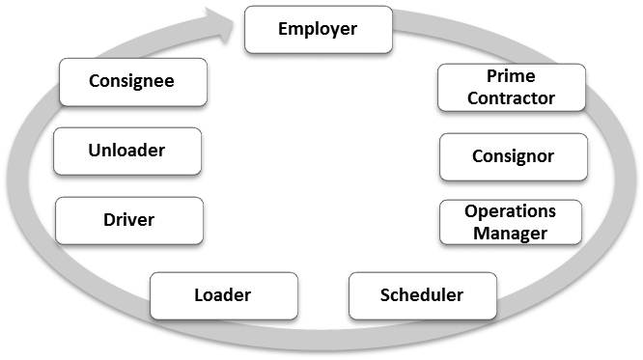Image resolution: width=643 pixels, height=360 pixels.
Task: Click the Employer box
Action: point(318,29)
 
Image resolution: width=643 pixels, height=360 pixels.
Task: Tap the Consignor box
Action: point(513,156)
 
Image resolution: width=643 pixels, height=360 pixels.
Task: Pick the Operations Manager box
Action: point(511,222)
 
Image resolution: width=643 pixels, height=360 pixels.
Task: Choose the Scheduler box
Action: point(422,295)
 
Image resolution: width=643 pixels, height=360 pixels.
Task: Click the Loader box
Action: point(223,295)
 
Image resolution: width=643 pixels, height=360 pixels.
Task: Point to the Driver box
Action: point(129,221)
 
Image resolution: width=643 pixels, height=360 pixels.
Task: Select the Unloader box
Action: point(127,152)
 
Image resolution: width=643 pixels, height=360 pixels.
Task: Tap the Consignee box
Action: point(132,82)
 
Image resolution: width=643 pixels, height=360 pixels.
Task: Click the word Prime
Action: point(511,76)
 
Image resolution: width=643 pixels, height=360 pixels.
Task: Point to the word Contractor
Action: point(511,97)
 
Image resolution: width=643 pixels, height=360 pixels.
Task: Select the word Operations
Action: point(510,211)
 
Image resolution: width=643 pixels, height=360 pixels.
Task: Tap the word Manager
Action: point(511,233)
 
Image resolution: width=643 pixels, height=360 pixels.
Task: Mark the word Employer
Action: point(318,28)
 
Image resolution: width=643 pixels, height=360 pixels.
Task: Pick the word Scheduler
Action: point(422,294)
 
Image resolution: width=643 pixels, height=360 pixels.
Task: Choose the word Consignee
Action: point(132,81)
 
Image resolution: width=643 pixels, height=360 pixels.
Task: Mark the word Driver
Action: point(129,220)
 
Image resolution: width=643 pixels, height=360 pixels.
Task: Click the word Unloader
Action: point(127,151)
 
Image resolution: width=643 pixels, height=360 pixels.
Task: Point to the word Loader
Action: point(223,294)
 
